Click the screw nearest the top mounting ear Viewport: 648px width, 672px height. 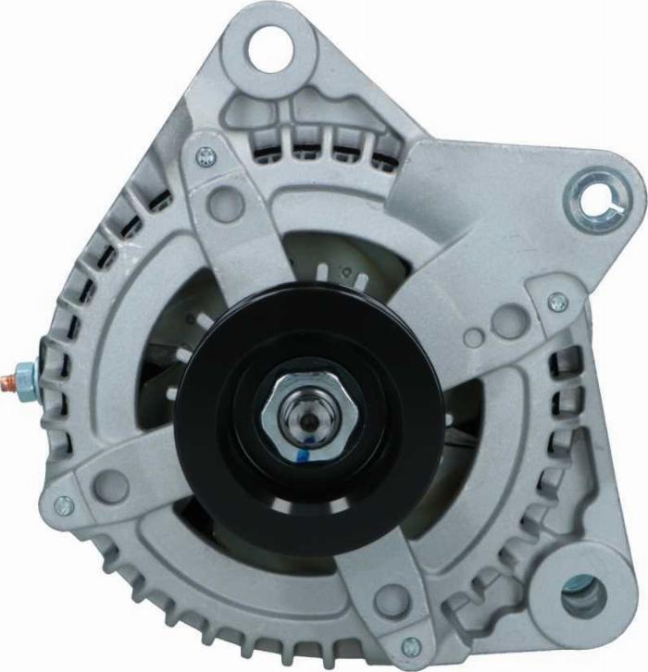tap(206, 158)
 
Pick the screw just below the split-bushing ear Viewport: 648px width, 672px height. tap(557, 303)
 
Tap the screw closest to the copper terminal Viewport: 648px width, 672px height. tap(64, 505)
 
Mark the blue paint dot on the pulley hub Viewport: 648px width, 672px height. tap(302, 454)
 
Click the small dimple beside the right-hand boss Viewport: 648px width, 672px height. tap(473, 337)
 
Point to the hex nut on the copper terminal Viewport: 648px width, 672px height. tap(28, 377)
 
